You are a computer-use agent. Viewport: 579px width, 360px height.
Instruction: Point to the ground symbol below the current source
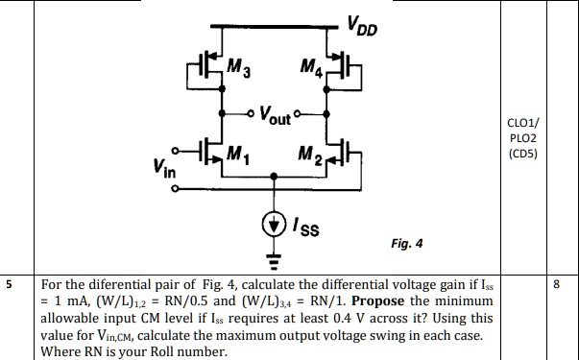point(275,256)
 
